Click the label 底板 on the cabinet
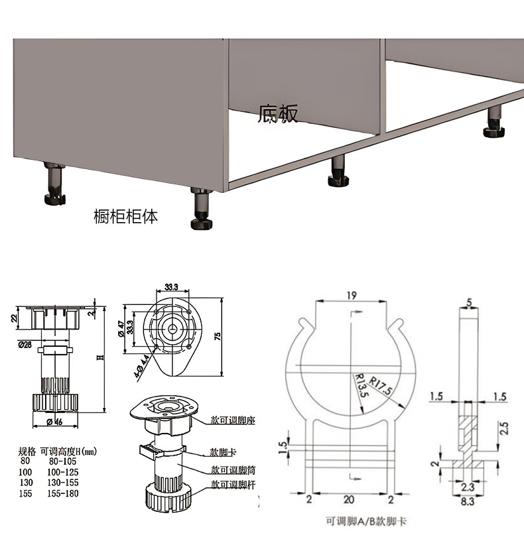[x=279, y=115]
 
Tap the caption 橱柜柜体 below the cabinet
[x=126, y=216]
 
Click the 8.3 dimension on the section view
[x=467, y=502]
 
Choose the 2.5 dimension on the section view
[x=505, y=428]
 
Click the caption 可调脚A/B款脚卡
[x=367, y=522]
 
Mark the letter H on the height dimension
[x=100, y=357]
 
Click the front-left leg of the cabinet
[x=201, y=208]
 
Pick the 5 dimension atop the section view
[x=469, y=303]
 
